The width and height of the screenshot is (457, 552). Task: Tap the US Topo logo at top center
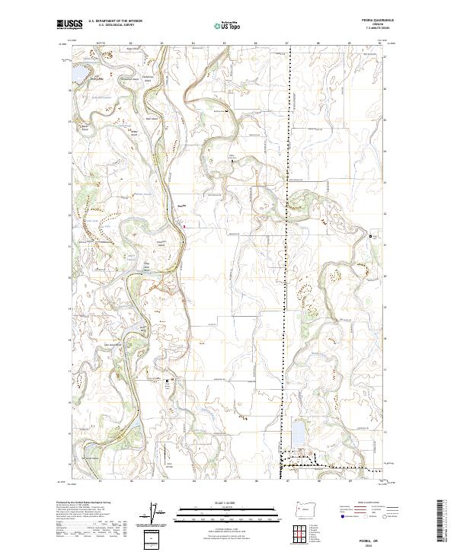tap(228, 25)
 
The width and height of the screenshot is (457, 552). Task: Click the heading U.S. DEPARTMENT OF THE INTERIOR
tap(114, 21)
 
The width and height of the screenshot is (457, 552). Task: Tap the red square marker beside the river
tap(184, 225)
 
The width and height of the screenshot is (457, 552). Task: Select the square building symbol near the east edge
tap(372, 237)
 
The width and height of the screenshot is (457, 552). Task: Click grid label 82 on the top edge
tap(130, 43)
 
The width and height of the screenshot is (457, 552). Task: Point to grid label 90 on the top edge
tap(380, 43)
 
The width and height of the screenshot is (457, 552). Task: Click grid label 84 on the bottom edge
tap(193, 481)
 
